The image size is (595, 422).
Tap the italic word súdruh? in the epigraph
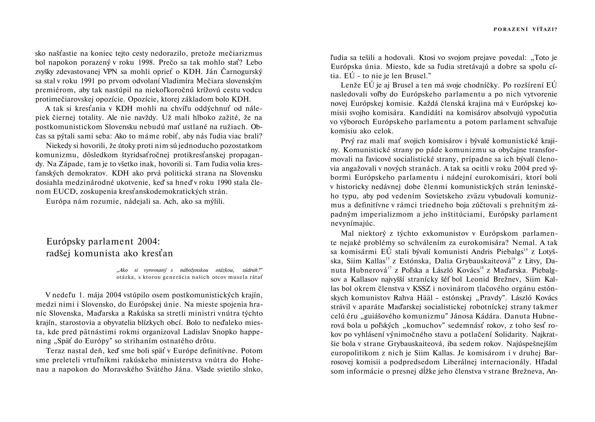(x=252, y=270)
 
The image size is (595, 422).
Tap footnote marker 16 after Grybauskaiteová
(x=513, y=258)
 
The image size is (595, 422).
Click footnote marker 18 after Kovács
(x=482, y=268)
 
